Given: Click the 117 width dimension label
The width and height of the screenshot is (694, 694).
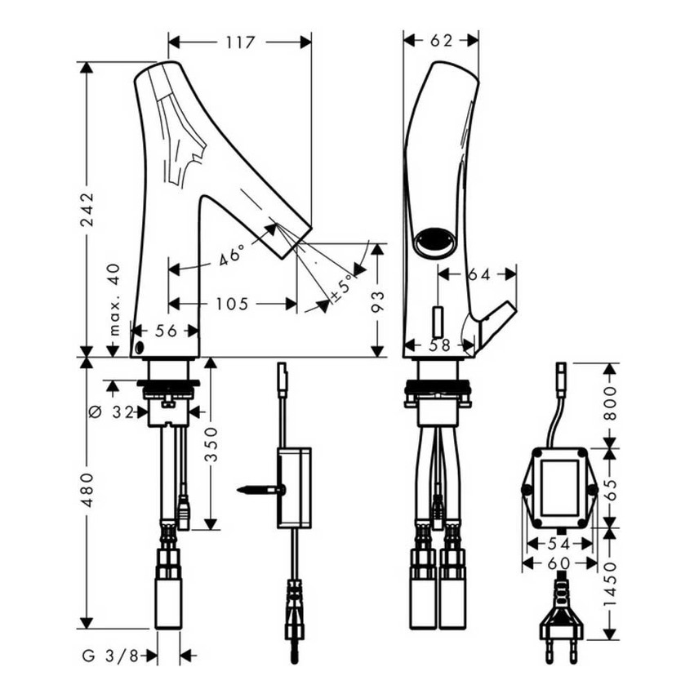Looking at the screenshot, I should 239,42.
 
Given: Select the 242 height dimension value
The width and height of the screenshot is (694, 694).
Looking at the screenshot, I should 87,210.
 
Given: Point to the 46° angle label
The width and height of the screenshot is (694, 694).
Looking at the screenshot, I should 232,256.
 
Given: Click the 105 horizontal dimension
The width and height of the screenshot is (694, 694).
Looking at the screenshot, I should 233,304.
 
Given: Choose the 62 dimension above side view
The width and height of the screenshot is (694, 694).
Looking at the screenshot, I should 440,41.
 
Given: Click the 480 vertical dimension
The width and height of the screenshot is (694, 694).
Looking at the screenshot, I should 87,490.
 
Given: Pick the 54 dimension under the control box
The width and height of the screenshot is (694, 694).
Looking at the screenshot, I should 559,542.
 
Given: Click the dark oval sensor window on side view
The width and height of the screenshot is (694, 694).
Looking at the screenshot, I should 433,242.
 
